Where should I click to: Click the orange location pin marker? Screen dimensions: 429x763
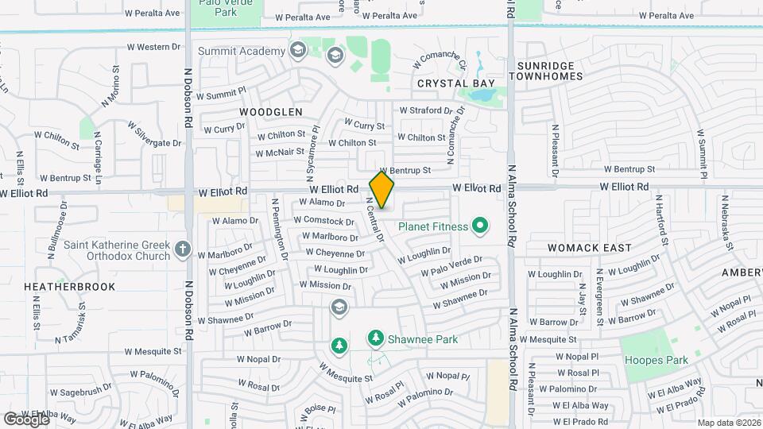point(382,191)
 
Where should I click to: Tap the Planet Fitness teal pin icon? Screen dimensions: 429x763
point(479,226)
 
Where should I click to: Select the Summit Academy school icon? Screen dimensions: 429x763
point(298,52)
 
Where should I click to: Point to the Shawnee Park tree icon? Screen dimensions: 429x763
point(375,339)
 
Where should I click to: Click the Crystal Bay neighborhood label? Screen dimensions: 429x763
point(456,83)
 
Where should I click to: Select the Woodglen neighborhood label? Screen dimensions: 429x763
point(271,112)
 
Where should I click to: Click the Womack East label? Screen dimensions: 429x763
point(590,248)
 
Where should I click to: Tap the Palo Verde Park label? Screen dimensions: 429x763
point(220,8)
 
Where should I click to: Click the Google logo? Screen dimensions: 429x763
point(26,419)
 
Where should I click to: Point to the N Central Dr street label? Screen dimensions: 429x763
point(374,220)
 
